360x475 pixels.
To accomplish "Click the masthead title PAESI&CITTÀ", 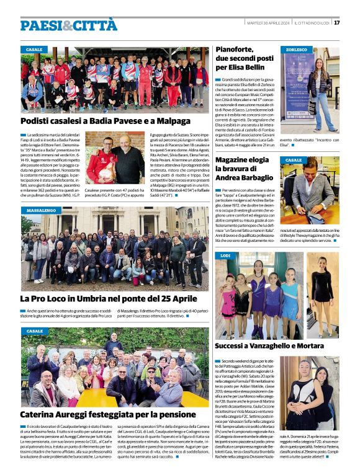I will pyautogui.click(x=68, y=25).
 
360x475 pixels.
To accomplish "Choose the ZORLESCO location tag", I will pyautogui.click(x=297, y=49).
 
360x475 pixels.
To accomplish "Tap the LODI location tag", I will pyautogui.click(x=225, y=255).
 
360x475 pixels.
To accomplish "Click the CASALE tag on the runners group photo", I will pyautogui.click(x=35, y=49).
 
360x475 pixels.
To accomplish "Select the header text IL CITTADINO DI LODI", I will pyautogui.click(x=313, y=23).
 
